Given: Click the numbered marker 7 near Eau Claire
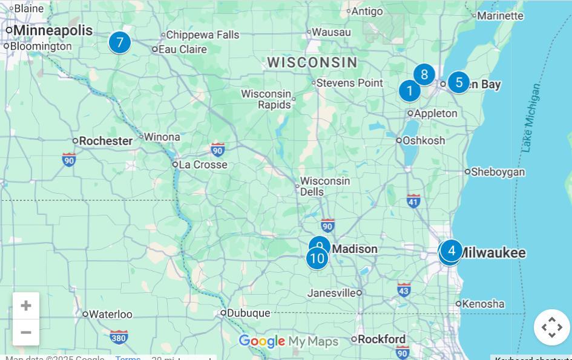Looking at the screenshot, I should click(120, 42).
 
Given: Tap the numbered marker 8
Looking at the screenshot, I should click(424, 74).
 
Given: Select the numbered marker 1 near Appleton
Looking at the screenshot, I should click(410, 91).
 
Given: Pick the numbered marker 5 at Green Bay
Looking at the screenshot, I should click(459, 82).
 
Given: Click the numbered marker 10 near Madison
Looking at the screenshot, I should click(317, 258).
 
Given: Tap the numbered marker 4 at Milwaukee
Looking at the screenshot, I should click(452, 250).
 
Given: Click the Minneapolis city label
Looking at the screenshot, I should click(53, 30).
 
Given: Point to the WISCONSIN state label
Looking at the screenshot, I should click(312, 62).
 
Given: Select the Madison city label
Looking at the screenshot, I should click(355, 249).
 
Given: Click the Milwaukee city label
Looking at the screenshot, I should click(492, 253).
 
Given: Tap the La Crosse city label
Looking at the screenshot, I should click(203, 165).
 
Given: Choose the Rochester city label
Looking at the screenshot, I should click(105, 141).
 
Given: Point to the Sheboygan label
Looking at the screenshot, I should click(498, 172).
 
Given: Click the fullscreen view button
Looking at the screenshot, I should click(551, 327).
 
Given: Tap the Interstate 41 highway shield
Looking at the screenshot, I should click(413, 200).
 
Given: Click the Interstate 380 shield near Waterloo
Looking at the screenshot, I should click(119, 336).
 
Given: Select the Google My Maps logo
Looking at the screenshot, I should click(288, 341).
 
